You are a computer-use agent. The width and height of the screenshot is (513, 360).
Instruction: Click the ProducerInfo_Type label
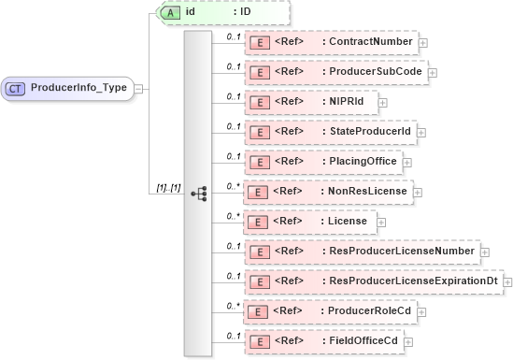pyautogui.click(x=79, y=88)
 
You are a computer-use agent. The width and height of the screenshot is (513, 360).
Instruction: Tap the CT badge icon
pyautogui.click(x=16, y=88)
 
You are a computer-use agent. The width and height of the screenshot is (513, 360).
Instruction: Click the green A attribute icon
pyautogui.click(x=170, y=12)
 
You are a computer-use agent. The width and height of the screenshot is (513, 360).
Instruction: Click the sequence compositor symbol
pyautogui.click(x=198, y=193)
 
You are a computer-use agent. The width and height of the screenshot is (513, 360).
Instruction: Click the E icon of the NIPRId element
pyautogui.click(x=258, y=102)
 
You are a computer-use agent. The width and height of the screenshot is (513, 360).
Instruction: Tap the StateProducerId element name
pyautogui.click(x=370, y=132)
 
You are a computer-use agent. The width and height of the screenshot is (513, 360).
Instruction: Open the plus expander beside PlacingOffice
pyautogui.click(x=408, y=162)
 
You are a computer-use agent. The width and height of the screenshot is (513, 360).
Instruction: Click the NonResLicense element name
pyautogui.click(x=366, y=192)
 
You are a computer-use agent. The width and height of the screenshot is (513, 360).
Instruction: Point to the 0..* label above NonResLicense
pyautogui.click(x=233, y=185)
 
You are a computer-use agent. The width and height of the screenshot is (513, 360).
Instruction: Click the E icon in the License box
pyautogui.click(x=258, y=222)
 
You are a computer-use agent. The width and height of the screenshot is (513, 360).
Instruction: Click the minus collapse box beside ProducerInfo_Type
pyautogui.click(x=139, y=88)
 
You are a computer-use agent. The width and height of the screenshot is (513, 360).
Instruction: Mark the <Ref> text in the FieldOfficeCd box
pyautogui.click(x=290, y=341)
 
